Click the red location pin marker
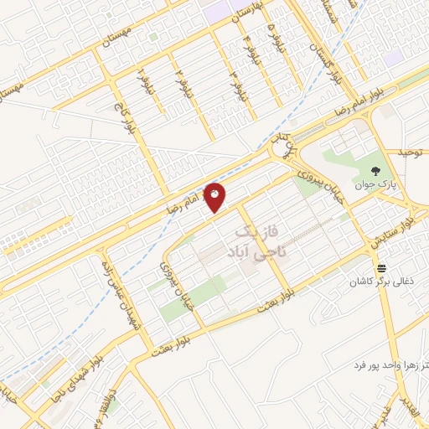click(215, 196)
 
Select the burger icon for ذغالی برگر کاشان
click(382, 268)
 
